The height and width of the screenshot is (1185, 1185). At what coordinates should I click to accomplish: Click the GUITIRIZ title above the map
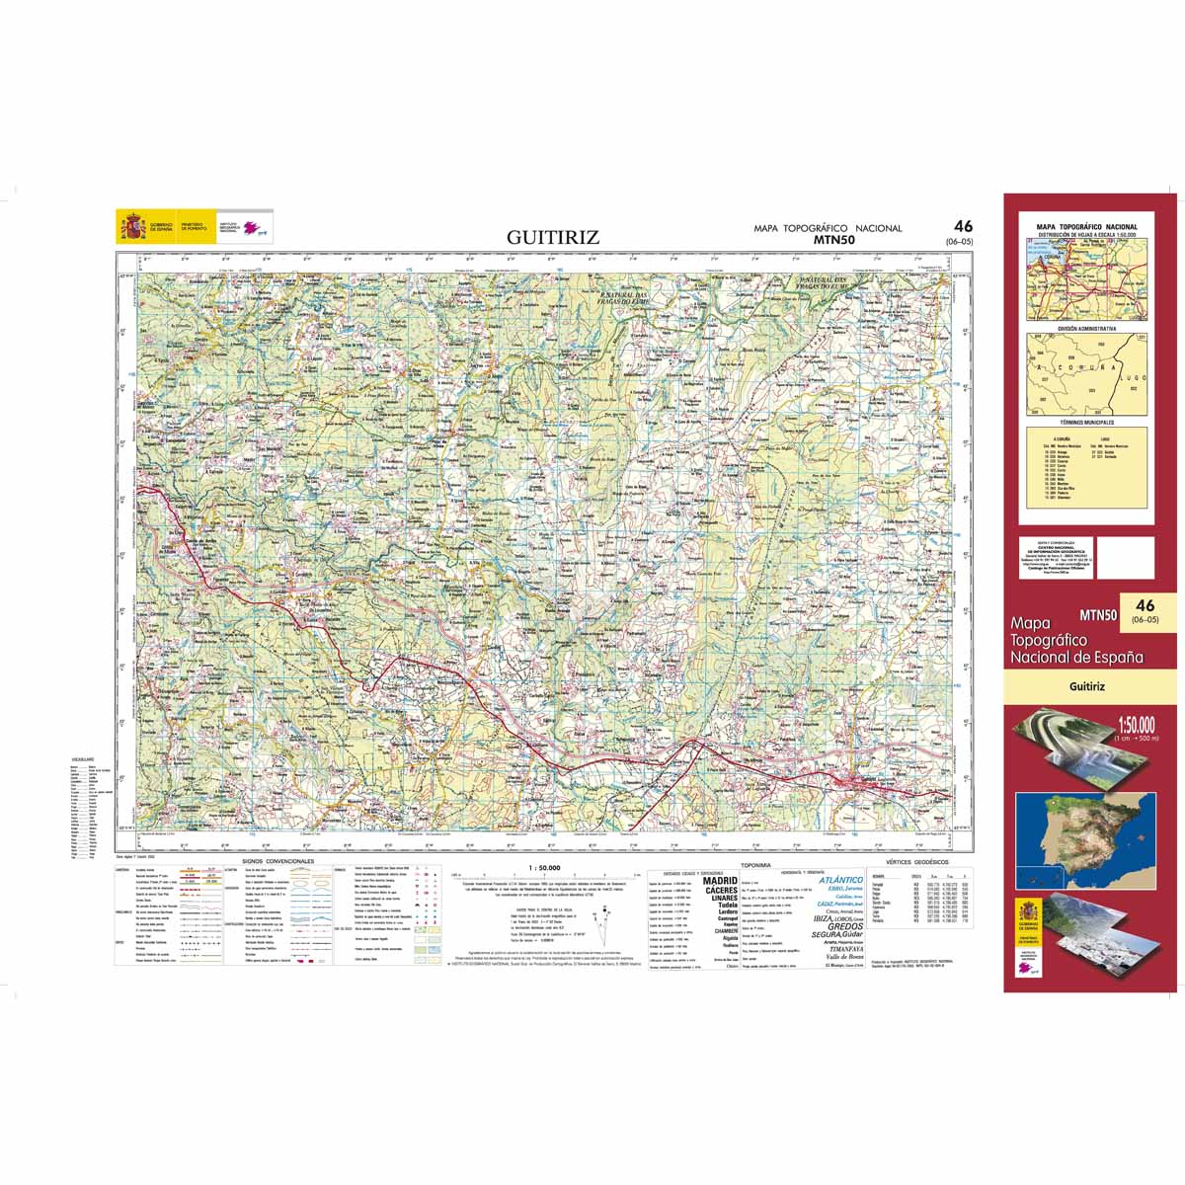pyautogui.click(x=553, y=237)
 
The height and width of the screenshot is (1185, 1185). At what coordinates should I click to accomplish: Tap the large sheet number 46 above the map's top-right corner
pyautogui.click(x=964, y=227)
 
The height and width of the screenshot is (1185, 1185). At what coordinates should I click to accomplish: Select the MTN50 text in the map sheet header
pyautogui.click(x=834, y=239)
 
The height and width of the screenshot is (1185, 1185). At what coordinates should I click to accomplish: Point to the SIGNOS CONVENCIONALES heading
pyautogui.click(x=285, y=861)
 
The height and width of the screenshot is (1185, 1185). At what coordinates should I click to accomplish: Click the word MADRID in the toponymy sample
pyautogui.click(x=720, y=880)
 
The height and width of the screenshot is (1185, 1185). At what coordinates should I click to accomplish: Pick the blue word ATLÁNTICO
pyautogui.click(x=841, y=880)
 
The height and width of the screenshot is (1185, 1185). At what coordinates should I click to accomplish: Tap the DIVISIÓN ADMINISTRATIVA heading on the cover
pyautogui.click(x=1086, y=328)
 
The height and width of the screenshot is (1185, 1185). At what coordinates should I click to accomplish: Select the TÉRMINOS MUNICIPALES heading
pyautogui.click(x=1086, y=421)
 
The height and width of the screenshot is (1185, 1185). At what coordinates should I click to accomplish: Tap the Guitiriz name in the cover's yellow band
pyautogui.click(x=1086, y=685)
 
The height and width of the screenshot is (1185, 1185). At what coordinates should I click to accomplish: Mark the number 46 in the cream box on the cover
pyautogui.click(x=1145, y=605)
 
